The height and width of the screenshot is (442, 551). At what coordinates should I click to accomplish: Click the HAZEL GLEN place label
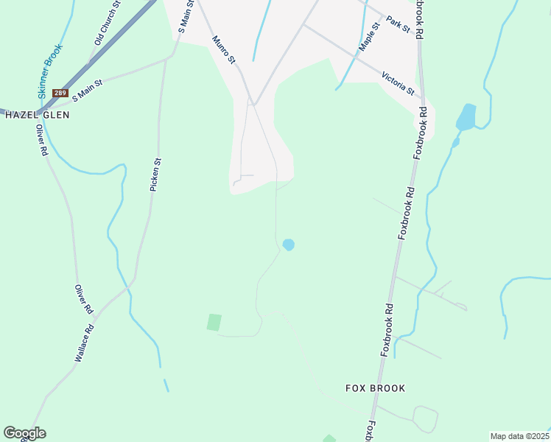click(x=37, y=115)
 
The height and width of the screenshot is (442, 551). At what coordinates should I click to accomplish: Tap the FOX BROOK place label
click(x=376, y=388)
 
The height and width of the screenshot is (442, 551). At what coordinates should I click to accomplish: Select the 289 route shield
click(x=60, y=93)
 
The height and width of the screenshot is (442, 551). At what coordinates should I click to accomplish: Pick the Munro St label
click(x=223, y=49)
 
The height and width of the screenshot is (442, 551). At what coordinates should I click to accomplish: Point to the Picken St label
click(x=155, y=175)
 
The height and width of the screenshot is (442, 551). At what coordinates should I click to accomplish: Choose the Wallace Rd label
click(x=84, y=343)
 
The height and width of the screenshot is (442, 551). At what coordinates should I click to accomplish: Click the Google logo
click(x=24, y=433)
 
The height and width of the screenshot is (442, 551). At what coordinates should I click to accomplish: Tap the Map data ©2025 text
click(x=519, y=436)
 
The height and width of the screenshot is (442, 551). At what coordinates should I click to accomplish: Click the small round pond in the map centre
click(x=289, y=245)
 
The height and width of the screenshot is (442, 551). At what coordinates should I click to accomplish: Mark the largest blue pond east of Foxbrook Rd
click(x=466, y=116)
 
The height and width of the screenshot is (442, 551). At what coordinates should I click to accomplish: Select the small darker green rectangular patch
click(x=214, y=322)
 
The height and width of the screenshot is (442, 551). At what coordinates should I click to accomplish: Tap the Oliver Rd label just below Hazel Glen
click(x=42, y=140)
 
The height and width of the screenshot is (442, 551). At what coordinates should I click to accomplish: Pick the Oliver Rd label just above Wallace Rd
click(x=83, y=297)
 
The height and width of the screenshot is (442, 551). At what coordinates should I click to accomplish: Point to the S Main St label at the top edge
click(x=185, y=16)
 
